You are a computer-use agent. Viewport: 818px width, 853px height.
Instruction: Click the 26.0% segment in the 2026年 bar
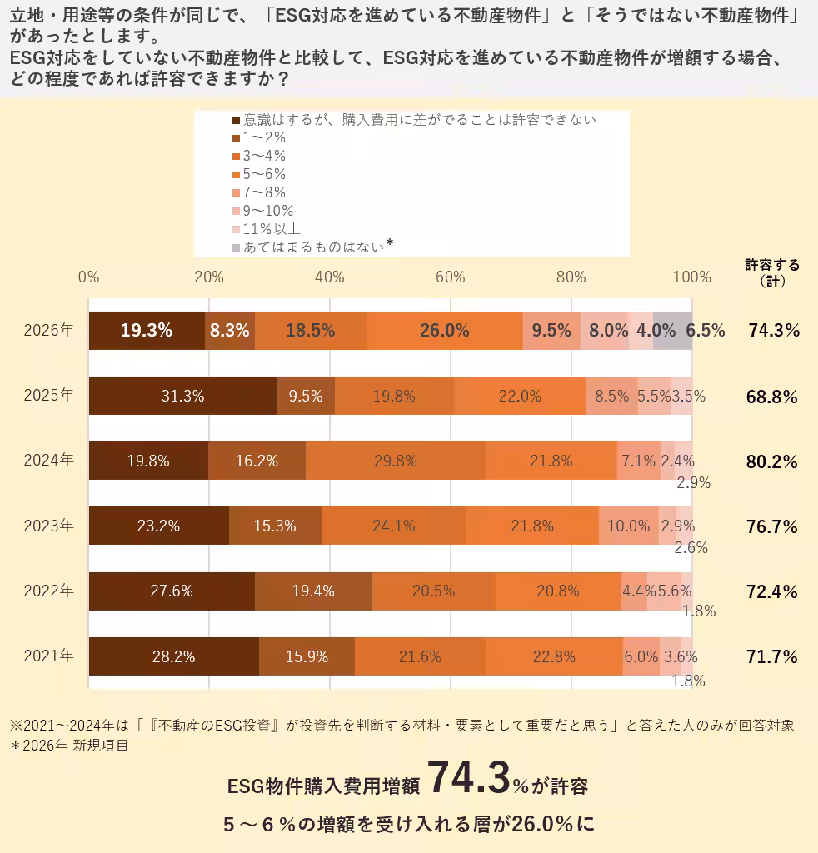coord(444,330)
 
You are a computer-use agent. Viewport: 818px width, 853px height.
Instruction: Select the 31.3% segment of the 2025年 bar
coord(182,396)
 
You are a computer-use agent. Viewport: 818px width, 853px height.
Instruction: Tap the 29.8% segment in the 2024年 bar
coord(395,461)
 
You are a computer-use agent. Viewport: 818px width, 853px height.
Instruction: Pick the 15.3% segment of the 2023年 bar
coord(275,526)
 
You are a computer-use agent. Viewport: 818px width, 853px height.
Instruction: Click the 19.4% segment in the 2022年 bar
coord(313,591)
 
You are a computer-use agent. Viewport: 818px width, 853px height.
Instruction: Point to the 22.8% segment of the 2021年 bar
coord(554,656)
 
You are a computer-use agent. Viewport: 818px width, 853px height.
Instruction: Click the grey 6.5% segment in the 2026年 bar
coord(673,330)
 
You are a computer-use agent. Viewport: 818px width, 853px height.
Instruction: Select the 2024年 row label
coord(49,461)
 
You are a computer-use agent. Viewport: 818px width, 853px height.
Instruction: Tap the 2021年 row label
coord(49,656)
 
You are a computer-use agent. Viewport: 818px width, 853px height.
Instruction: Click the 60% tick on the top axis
coord(451,277)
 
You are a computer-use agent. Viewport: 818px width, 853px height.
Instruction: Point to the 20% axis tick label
coord(208,277)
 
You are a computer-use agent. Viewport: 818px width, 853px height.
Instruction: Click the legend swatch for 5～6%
coord(236,174)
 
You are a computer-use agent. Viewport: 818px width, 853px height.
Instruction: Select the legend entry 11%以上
coord(272,228)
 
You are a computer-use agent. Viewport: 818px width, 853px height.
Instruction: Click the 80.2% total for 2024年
coord(771,461)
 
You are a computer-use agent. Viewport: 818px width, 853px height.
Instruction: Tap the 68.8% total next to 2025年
coord(771,397)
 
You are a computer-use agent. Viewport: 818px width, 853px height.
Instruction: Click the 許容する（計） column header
coord(771,272)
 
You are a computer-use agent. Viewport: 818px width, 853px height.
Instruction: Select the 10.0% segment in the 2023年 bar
coord(628,526)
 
